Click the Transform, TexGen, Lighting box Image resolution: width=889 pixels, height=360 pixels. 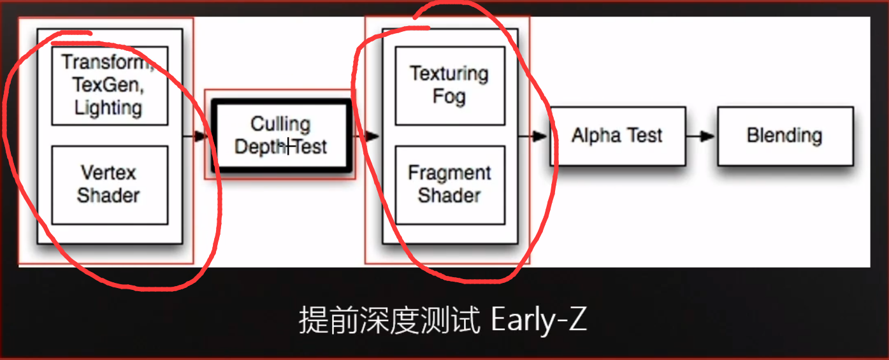pos(109,85)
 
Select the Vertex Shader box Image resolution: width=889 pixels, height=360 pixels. pos(109,184)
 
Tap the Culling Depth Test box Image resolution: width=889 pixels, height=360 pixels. pos(280,136)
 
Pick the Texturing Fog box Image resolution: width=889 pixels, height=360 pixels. pos(449,85)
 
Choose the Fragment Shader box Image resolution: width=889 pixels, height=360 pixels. pos(449,184)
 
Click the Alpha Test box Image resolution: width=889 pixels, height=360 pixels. pos(617,136)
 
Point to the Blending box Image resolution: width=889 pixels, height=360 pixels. pos(784,136)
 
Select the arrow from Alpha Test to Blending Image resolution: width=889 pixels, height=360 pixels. pos(701,136)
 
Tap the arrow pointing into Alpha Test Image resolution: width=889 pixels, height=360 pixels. pos(534,136)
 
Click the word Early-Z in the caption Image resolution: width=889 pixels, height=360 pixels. pos(539,320)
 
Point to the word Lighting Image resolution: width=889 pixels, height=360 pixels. pos(108,107)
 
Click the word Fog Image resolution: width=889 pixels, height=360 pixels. pos(449,97)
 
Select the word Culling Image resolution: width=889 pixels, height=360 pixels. pos(280,124)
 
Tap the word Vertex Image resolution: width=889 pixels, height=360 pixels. pos(108,173)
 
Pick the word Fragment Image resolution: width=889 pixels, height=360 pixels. pos(449,173)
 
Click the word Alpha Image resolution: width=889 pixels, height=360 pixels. pos(595,136)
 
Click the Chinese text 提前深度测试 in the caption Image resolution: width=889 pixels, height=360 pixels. pos(389,320)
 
